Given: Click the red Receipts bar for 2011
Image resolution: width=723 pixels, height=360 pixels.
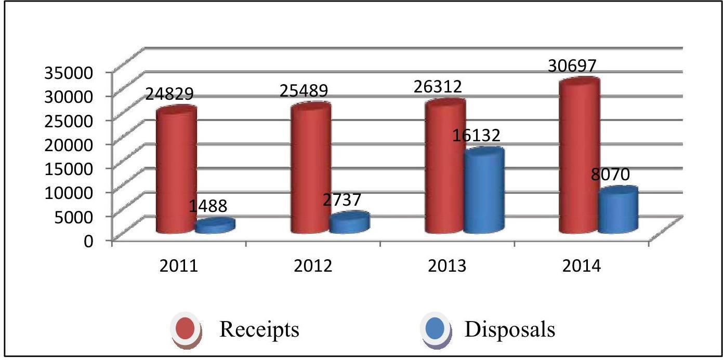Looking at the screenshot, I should point(176,171).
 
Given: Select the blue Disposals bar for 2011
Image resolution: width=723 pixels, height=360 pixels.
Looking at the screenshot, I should point(215,226).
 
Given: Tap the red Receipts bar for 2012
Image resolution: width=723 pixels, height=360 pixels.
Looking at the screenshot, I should point(310,169).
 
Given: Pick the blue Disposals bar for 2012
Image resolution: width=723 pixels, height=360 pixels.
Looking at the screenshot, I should point(349,223).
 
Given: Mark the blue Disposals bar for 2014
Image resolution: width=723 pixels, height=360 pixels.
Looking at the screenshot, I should point(617,210).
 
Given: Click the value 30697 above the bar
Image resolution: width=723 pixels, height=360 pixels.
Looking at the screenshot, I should point(571,65).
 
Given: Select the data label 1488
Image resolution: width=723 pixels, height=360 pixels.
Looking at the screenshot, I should point(207,206).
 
